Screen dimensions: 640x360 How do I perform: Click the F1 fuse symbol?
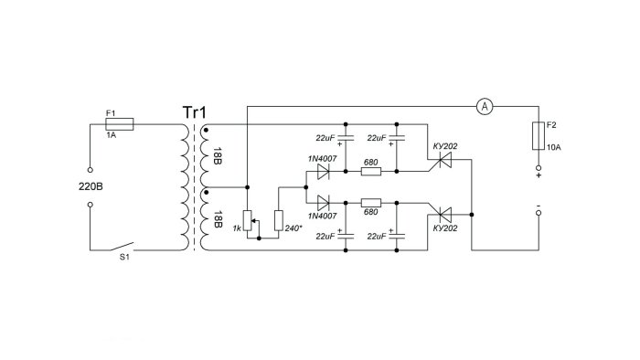119,124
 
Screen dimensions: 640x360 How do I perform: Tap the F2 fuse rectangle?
539,136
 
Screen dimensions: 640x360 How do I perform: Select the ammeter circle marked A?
485,106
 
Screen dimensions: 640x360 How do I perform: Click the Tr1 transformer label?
195,112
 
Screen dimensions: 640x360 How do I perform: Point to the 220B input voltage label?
91,186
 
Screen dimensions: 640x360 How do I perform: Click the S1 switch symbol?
122,247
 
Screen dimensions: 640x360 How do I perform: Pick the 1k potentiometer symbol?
249,220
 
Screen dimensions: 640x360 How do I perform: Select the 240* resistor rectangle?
278,220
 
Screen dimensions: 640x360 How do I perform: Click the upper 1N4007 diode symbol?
324,172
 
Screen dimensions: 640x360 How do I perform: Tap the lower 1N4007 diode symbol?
324,203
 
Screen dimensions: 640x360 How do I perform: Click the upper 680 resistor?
371,172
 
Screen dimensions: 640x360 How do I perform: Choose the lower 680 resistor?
371,203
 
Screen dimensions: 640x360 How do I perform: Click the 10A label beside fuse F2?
553,147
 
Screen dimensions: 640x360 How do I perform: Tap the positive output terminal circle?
539,168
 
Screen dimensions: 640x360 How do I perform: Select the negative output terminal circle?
539,213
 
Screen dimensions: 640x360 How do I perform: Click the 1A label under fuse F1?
111,135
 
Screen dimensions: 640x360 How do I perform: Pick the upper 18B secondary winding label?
218,155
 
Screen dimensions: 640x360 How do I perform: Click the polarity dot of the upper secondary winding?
206,130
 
